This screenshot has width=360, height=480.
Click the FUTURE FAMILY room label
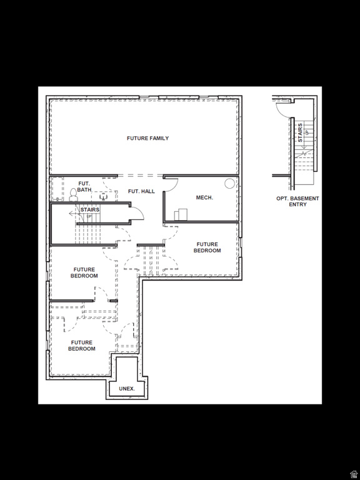coord(147,138)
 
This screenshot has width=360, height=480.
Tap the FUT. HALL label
coord(141,191)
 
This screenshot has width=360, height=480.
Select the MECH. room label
coord(204,197)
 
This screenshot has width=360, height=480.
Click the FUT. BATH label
coord(84,187)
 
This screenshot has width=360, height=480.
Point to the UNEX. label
coord(127,389)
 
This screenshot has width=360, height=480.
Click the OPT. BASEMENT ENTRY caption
coord(297,201)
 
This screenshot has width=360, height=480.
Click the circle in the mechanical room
coord(229,183)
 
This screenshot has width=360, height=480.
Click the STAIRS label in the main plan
coord(89,210)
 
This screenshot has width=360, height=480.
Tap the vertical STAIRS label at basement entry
coord(301,132)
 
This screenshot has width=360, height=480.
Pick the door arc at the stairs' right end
coord(137,214)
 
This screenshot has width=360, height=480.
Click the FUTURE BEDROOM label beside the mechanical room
coord(207,247)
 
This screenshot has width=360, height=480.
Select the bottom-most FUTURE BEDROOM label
coord(82,346)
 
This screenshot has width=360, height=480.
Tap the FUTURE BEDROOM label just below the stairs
coord(84,272)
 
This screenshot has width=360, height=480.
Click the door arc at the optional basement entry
coord(282,109)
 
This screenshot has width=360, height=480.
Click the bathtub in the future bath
coord(57,188)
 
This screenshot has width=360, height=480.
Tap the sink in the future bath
coord(103,194)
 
